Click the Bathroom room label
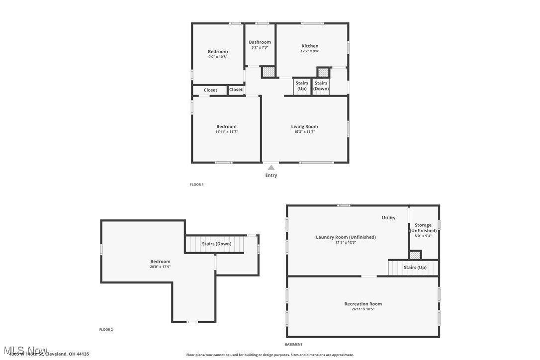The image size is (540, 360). pos(260,42)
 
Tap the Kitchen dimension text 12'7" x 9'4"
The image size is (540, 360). pos(310,51)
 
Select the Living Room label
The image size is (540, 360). pos(304,127)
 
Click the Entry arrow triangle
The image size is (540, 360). pos(271,168)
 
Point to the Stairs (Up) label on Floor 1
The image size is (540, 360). pos(302,86)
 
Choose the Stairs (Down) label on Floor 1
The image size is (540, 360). pos(321,86)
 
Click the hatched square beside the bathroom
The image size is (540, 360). pos(269,72)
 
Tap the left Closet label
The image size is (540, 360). pos(210,90)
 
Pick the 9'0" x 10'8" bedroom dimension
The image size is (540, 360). pos(218,57)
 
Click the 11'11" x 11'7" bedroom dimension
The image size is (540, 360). pos(226,132)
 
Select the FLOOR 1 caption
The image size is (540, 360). pos(197,184)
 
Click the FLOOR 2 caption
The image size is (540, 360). pos(106,329)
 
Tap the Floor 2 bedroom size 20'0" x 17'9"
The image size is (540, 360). pos(160,267)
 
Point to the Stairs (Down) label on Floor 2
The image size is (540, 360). pos(216,244)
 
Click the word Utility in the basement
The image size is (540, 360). pos(388,218)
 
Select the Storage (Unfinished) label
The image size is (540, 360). pos(423,228)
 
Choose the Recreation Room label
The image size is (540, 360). pos(363,304)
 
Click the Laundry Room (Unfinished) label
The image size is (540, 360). pos(346,237)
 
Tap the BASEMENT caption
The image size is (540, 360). pos(293,344)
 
